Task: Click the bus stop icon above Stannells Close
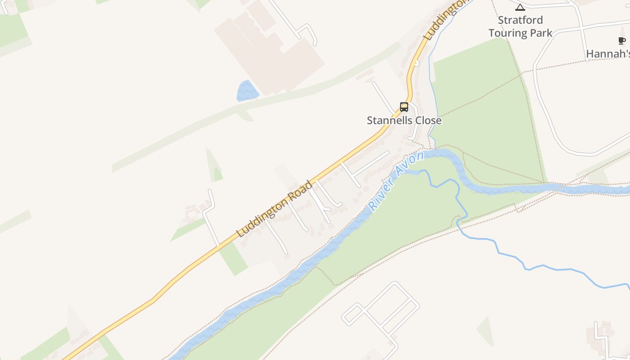(404, 107)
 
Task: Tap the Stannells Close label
(404, 121)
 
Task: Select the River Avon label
(396, 181)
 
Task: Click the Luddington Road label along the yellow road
(274, 209)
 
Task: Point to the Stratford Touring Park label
(520, 27)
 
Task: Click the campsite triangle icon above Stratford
(520, 7)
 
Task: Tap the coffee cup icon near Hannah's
(622, 41)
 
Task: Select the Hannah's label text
(607, 54)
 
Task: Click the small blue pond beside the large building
(247, 91)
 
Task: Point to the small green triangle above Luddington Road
(214, 166)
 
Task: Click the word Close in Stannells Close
(428, 121)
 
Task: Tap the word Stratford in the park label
(520, 20)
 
